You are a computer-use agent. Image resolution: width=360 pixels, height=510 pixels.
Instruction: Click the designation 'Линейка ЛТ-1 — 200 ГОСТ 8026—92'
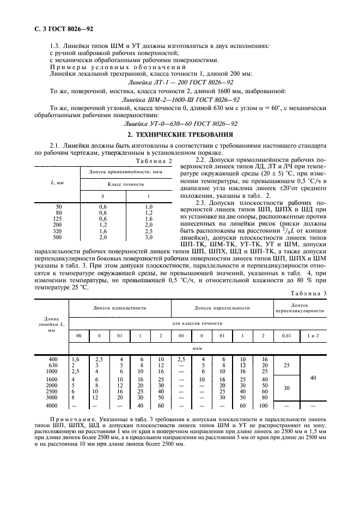coord(180,82)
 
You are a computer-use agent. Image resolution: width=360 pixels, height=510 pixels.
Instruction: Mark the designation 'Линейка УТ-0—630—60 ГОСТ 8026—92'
coord(180,124)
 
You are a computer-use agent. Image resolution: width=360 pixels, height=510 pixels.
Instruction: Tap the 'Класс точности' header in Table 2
coord(126,185)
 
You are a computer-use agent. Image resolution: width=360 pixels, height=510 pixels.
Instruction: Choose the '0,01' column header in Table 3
coord(286,336)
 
